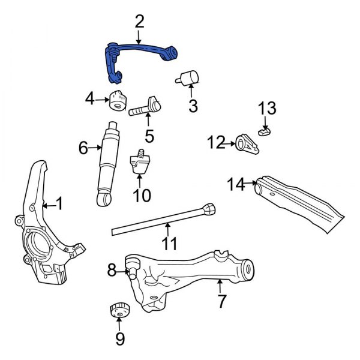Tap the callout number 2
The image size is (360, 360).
139,23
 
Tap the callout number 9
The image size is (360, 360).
120,340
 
